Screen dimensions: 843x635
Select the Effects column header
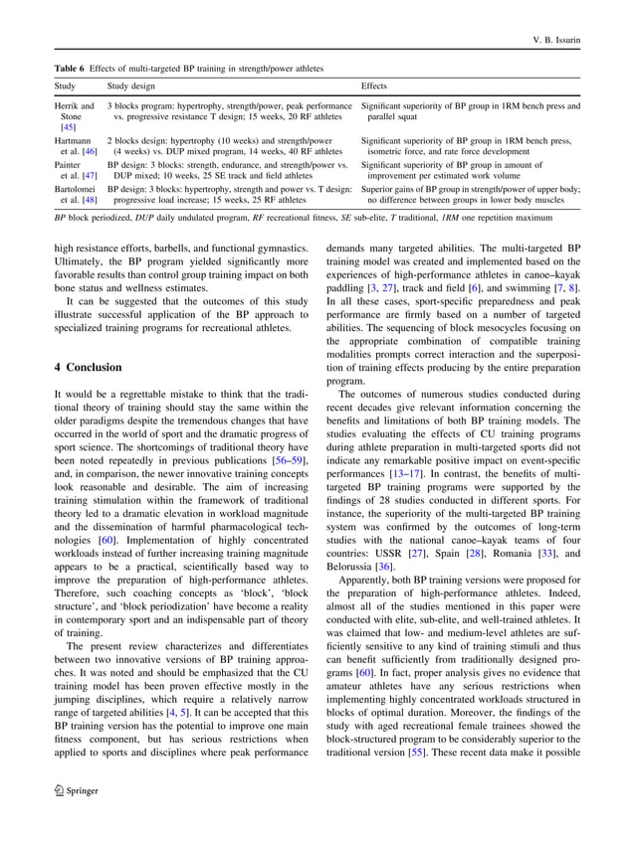tap(374, 86)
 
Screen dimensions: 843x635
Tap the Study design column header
tap(130, 86)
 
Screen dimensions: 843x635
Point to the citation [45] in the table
tap(68, 127)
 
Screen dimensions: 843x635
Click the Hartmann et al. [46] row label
tap(75, 147)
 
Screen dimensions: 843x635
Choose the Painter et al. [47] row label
tap(73, 170)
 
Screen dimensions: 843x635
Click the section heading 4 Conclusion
tap(88, 367)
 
